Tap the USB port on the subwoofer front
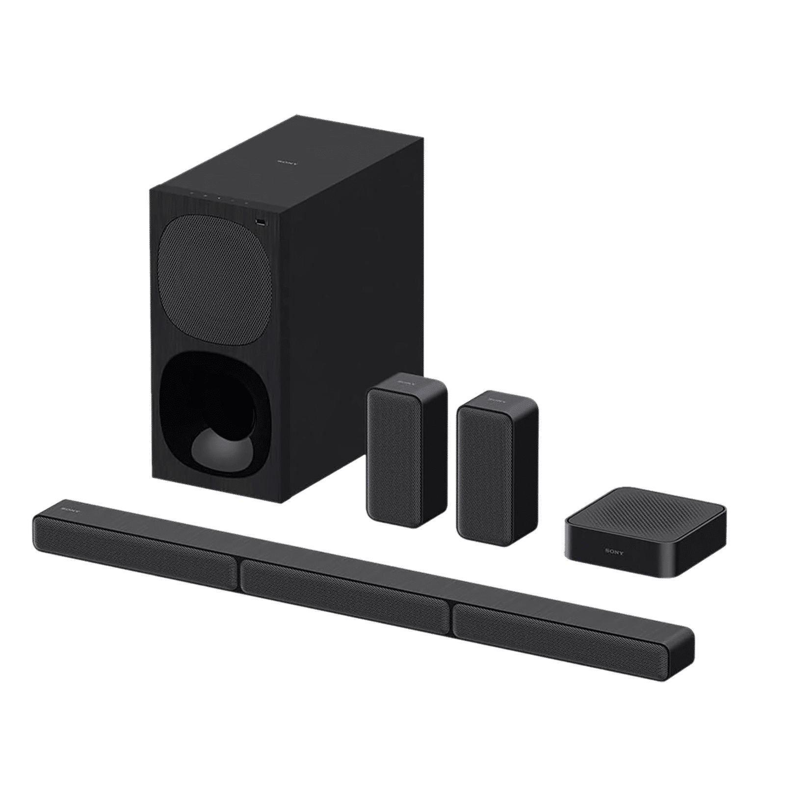click(x=261, y=223)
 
